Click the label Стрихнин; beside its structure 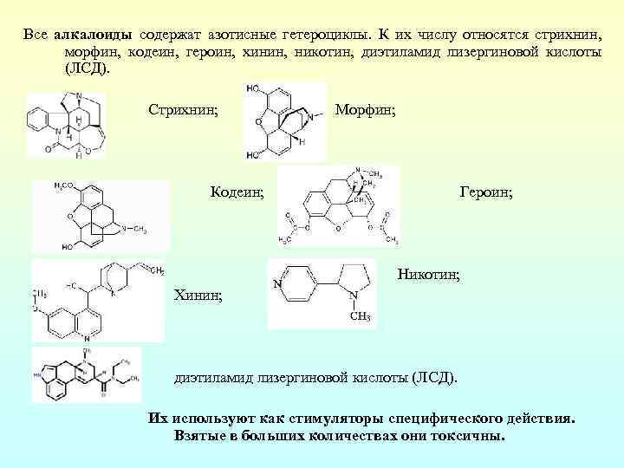183,110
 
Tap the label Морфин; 366,110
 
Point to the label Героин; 486,192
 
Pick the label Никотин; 429,275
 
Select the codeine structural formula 100,217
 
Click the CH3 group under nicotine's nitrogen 360,317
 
